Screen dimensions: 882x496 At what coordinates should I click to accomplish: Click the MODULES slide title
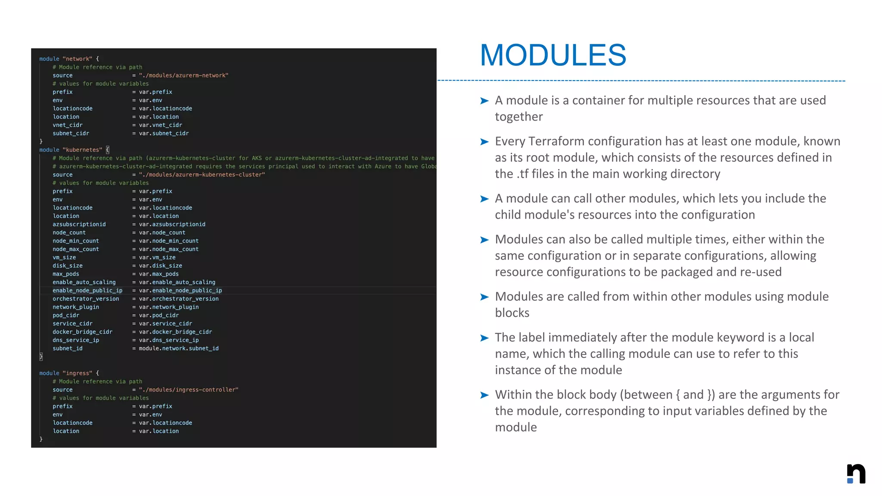[x=553, y=55]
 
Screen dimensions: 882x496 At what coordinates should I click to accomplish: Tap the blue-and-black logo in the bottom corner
[x=856, y=474]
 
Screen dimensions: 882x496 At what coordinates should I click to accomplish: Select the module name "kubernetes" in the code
[x=82, y=150]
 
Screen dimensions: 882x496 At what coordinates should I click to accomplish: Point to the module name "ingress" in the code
[x=78, y=373]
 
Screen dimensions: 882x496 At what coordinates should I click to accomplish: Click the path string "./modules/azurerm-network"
[x=183, y=75]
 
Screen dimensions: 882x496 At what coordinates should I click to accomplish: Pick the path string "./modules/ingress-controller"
[x=189, y=390]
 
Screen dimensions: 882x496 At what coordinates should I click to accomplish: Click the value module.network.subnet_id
[x=179, y=348]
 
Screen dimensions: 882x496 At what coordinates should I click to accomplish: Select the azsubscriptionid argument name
[x=79, y=224]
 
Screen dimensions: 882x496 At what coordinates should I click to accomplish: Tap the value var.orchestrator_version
[x=179, y=299]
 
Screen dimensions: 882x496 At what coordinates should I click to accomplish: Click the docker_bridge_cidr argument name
[x=82, y=332]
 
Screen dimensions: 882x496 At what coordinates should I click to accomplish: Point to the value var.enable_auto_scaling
[x=177, y=282]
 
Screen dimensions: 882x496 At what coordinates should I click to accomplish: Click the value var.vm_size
[x=157, y=257]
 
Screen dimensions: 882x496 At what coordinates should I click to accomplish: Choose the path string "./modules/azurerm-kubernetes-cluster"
[x=202, y=175]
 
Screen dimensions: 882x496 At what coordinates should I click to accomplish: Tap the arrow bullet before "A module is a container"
[x=484, y=101]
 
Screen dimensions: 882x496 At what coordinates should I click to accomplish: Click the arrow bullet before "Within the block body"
[x=484, y=395]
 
